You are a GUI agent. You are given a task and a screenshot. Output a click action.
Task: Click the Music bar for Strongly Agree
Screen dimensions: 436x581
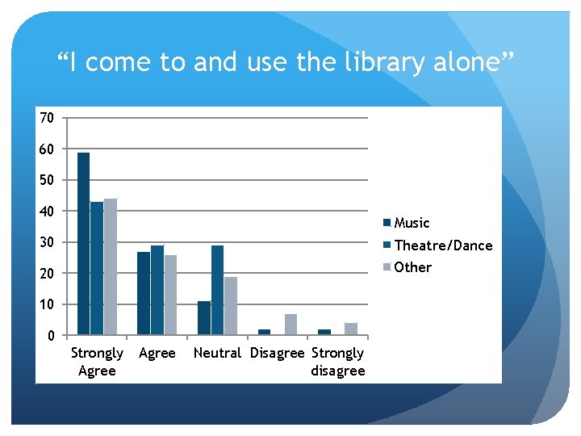pos(83,243)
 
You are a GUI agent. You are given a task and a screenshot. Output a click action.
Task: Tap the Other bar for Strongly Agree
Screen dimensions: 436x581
pos(111,266)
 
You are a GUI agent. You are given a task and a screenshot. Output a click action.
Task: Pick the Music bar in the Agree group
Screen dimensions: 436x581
pos(144,293)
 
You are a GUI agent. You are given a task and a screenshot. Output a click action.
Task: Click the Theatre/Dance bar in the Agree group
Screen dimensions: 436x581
pos(157,290)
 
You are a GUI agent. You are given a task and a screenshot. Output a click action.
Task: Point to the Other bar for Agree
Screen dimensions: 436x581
pos(170,295)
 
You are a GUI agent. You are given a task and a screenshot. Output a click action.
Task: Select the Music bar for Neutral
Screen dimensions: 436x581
pos(204,318)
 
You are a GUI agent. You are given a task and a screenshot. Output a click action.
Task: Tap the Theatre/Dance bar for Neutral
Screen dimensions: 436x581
pos(217,290)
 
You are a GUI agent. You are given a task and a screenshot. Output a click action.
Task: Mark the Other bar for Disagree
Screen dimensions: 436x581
pos(290,324)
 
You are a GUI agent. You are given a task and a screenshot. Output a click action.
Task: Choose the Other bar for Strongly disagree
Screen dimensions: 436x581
pos(351,329)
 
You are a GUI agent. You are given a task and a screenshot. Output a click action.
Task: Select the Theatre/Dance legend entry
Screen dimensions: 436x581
pos(442,245)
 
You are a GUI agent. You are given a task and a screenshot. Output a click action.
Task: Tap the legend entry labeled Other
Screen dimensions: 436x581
pos(412,267)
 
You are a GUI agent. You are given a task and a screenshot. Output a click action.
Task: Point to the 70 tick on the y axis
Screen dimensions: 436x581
pos(47,118)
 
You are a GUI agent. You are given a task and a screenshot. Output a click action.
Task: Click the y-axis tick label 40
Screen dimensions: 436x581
pos(47,212)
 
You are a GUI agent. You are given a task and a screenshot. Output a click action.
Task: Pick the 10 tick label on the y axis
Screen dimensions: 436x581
pos(47,304)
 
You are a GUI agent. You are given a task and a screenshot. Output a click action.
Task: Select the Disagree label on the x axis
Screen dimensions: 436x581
pos(278,353)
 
